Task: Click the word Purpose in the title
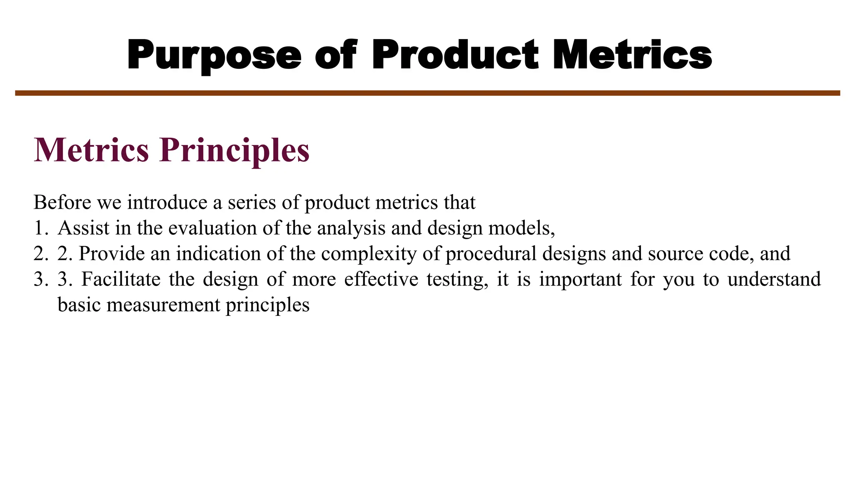(214, 55)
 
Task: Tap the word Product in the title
(455, 55)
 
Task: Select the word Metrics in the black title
(632, 55)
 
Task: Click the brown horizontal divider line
(427, 93)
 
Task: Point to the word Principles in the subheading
(234, 150)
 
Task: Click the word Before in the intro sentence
(62, 202)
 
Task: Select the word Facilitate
(121, 279)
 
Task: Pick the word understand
(774, 279)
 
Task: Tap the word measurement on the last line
(163, 305)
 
